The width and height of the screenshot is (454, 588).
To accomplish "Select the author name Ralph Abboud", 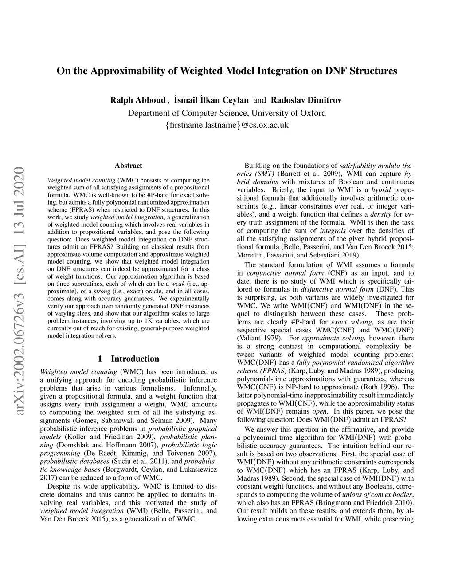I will pos(137,100).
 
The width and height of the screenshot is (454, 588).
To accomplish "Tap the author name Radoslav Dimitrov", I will pos(306,100).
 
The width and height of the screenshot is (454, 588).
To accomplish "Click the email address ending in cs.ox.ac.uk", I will pos(227,125).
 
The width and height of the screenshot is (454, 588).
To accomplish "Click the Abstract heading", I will pos(129,166).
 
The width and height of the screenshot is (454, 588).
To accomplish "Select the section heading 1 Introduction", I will pos(129,359).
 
